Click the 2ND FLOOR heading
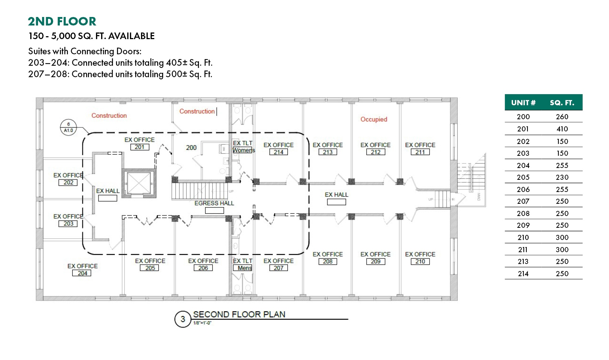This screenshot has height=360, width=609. click(62, 21)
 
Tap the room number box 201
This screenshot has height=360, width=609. click(140, 147)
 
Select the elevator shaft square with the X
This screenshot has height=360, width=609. click(139, 183)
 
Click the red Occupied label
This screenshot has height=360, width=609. click(374, 119)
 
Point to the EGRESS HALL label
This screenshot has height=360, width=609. click(214, 203)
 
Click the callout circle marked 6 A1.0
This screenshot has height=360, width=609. click(68, 127)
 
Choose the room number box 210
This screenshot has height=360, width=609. click(420, 261)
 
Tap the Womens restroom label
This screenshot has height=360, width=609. click(244, 150)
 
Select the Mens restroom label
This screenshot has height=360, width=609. click(244, 268)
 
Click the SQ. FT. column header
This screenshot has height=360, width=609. click(562, 103)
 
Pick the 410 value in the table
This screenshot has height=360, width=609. click(562, 129)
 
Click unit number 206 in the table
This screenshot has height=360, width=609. click(523, 189)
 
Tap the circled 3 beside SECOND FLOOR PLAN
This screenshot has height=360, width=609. click(183, 319)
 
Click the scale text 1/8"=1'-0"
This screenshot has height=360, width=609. click(202, 323)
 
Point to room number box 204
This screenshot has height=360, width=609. click(82, 273)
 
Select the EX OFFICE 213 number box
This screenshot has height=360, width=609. click(327, 152)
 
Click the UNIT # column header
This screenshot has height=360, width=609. click(523, 103)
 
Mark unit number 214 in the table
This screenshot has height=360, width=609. click(523, 274)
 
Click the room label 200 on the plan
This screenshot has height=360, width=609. click(191, 148)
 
